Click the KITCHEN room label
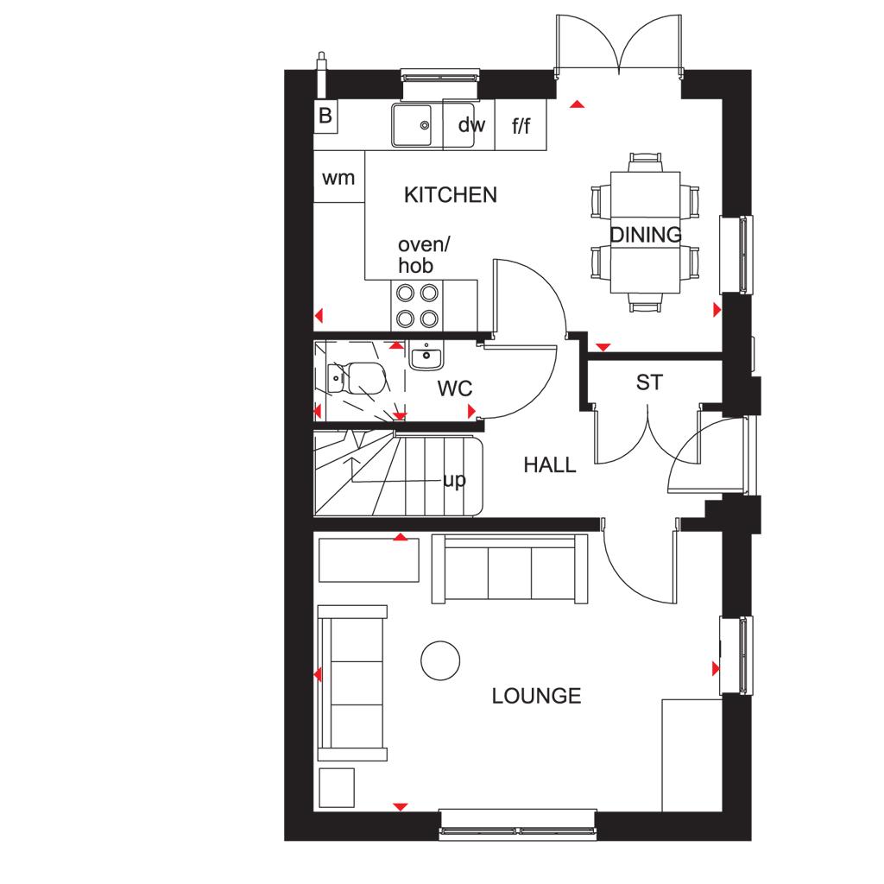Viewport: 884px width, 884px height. pos(451,195)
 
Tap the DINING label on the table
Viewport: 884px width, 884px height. pos(646,235)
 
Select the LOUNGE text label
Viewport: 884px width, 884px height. pos(536,696)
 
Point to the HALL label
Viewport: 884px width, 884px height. pos(550,465)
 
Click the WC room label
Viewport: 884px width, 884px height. pos(454,388)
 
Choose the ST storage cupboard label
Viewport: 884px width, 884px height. pos(649,382)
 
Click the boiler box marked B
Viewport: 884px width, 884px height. pos(325,117)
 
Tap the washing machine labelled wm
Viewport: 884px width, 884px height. pos(338,177)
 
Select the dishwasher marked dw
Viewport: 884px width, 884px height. pos(469,124)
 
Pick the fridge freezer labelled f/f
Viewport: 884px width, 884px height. pos(521,124)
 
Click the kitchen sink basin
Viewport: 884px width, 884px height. pos(412,125)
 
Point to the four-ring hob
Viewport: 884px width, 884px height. pos(417,306)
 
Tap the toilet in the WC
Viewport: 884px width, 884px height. pos(357,378)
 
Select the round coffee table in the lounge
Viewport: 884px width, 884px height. pos(440,660)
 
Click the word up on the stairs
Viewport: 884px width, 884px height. pos(455,481)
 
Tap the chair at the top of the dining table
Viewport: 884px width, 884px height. pos(646,161)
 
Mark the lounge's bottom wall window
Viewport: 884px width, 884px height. pos(518,824)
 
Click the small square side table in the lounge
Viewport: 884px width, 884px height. pos(338,788)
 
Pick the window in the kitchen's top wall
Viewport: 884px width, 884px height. pos(439,76)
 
